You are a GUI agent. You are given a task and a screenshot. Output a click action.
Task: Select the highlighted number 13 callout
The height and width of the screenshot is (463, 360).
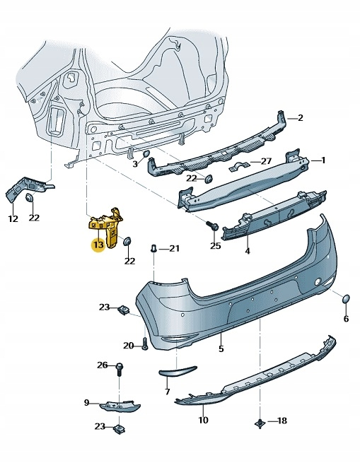[x=98, y=245]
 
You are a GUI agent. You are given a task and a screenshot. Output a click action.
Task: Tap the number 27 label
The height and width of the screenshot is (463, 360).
[x=266, y=161]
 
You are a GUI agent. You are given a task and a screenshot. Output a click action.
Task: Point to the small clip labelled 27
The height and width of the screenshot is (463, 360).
[x=240, y=167]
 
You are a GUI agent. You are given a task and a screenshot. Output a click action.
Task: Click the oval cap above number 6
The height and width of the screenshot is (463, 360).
[x=346, y=300]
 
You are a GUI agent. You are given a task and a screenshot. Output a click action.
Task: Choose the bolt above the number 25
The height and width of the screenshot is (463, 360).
[x=211, y=226]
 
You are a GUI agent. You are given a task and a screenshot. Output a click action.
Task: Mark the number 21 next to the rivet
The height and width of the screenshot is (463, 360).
[x=174, y=249]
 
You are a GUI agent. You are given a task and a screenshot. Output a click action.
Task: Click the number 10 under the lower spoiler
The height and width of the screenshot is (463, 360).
[x=204, y=421]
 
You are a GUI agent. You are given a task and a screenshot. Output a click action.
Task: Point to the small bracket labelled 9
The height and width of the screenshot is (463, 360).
[x=120, y=405]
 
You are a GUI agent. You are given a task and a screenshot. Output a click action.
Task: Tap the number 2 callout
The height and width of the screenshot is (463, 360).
[x=300, y=118]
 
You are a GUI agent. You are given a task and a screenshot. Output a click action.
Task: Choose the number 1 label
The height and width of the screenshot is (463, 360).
[x=323, y=160]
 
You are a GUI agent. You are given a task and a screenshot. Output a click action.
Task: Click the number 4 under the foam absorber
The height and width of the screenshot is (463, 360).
[x=248, y=250]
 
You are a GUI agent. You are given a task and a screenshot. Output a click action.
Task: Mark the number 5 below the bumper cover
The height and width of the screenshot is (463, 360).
[x=221, y=348]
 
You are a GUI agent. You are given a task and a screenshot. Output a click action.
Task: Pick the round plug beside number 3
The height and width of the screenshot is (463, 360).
[x=146, y=155]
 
